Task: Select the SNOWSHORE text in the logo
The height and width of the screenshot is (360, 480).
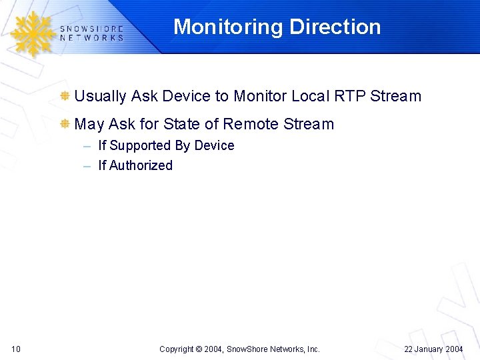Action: click(91, 29)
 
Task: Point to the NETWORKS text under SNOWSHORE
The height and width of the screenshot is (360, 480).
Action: click(91, 38)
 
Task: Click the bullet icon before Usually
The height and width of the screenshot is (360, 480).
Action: click(65, 96)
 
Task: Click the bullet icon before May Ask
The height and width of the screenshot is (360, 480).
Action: click(65, 124)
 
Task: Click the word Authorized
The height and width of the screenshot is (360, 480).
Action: click(141, 165)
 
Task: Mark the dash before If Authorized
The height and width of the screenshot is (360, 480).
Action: click(87, 166)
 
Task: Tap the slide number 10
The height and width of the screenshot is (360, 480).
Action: click(16, 349)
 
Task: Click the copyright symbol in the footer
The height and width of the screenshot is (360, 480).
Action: click(199, 349)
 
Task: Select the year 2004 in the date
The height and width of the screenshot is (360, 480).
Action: click(453, 349)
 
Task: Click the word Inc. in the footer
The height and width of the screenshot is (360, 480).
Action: click(313, 349)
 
